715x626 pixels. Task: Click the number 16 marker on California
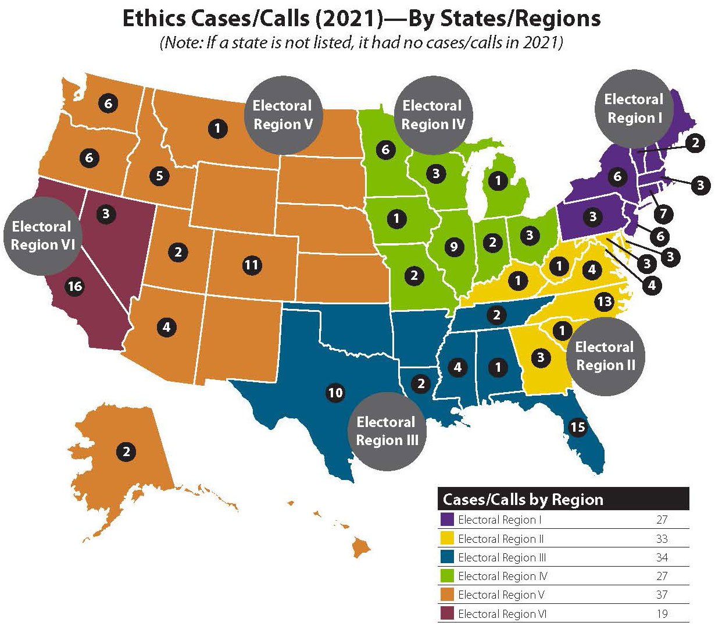click(74, 287)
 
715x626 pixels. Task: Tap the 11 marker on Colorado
click(251, 266)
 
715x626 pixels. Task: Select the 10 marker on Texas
click(335, 393)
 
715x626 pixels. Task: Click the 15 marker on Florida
click(577, 428)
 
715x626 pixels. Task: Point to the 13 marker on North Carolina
click(604, 301)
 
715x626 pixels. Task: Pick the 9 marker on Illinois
click(454, 247)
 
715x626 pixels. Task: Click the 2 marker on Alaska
click(126, 451)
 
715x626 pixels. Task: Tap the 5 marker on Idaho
click(159, 175)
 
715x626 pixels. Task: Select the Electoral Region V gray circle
click(282, 115)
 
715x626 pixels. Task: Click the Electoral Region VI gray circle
click(41, 236)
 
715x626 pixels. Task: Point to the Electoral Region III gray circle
click(387, 431)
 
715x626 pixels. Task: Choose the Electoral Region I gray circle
click(633, 109)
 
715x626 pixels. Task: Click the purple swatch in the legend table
click(448, 520)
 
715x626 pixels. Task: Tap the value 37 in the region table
click(662, 595)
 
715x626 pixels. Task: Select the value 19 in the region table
click(662, 613)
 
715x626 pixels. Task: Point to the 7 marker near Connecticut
click(663, 214)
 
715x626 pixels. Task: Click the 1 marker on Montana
click(217, 128)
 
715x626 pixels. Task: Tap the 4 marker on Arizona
click(166, 327)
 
